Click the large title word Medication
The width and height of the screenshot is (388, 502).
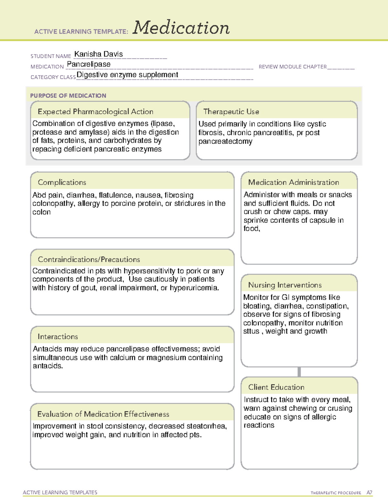click(181, 28)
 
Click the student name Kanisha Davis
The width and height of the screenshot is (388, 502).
click(99, 54)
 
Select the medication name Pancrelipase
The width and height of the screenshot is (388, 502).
click(89, 64)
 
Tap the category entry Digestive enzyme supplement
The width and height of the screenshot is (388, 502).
click(127, 75)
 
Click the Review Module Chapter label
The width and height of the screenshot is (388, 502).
click(293, 67)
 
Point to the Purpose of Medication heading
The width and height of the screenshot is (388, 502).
click(68, 96)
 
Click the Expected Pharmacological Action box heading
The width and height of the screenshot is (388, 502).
click(95, 112)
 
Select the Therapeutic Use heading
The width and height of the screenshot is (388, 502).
click(231, 112)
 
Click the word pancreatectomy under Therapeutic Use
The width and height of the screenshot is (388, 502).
click(225, 142)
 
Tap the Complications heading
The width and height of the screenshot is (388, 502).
click(62, 182)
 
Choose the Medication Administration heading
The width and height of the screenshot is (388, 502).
click(294, 182)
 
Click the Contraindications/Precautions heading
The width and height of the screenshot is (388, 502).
click(89, 260)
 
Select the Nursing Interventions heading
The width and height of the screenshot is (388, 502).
click(285, 285)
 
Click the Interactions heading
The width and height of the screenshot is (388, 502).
click(58, 337)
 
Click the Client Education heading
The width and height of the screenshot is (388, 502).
click(276, 387)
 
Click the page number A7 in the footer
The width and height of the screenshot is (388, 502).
click(369, 493)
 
